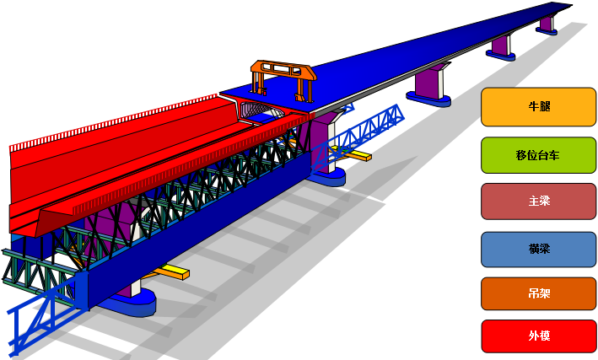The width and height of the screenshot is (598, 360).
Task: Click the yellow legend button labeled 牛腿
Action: pos(538,107)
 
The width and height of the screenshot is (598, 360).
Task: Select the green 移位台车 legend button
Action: pos(538,155)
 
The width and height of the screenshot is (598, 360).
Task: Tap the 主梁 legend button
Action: pos(538,201)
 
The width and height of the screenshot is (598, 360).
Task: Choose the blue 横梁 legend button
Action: pos(538,249)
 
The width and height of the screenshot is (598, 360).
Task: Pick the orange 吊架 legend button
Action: pos(538,293)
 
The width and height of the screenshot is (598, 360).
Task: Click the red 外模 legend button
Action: pos(538,336)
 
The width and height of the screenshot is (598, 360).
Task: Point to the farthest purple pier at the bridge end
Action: pos(547,24)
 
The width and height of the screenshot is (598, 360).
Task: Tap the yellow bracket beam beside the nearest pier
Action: pos(171,272)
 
